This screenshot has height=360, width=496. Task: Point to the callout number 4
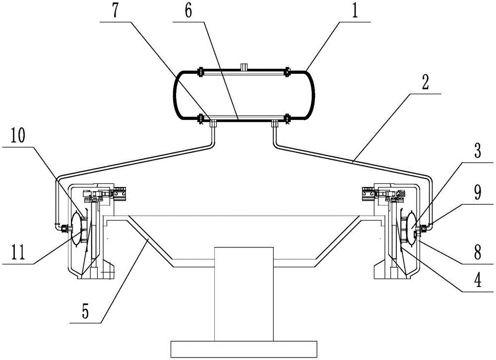coord(477,281)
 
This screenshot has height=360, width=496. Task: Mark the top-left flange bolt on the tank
coord(200,72)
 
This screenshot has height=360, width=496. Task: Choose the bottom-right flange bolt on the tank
coord(287,118)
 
